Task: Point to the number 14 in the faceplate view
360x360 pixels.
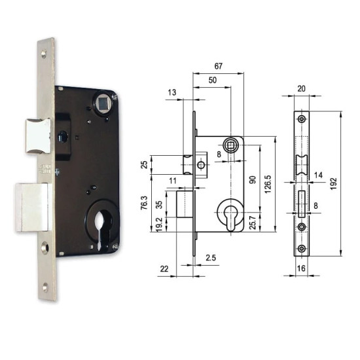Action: click(319, 175)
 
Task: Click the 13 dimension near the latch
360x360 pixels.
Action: click(171, 94)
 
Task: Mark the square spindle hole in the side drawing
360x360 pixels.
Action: click(231, 145)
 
